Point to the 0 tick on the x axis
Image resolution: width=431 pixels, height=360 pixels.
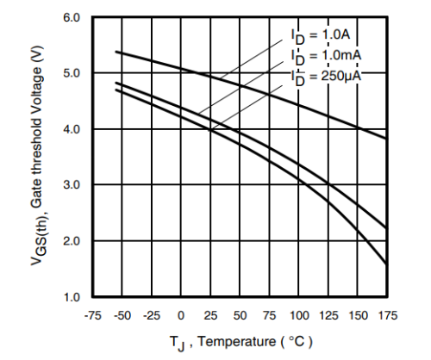point(181,316)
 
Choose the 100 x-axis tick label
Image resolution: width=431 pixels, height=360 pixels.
point(297,316)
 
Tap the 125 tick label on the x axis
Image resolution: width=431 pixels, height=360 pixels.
point(328,316)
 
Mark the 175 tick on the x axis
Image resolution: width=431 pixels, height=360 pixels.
point(386,316)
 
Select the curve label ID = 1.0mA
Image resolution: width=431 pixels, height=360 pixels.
point(326,57)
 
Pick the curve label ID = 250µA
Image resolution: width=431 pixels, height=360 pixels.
point(327,77)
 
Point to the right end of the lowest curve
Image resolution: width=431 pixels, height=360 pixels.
point(385,263)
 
